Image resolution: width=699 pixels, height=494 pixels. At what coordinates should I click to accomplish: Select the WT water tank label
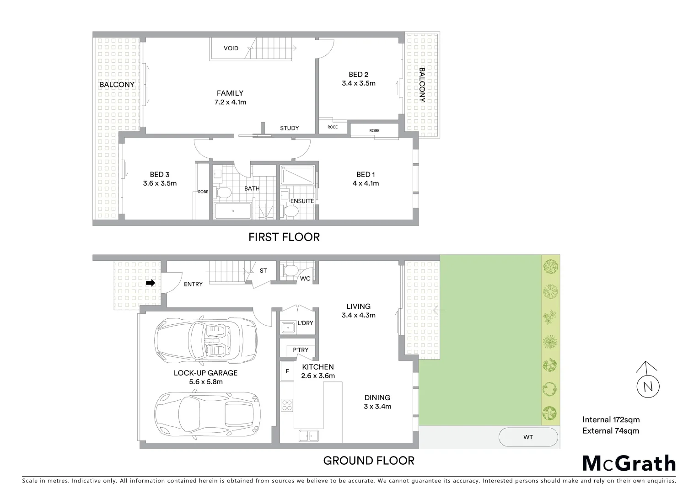[x=528, y=437]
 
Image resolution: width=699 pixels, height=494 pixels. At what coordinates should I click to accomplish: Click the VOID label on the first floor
[x=231, y=48]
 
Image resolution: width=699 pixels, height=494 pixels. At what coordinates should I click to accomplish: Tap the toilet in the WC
[x=290, y=271]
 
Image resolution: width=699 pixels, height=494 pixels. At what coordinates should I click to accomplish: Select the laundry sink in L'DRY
[x=288, y=327]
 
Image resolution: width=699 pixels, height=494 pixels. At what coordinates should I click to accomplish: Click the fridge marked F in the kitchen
[x=287, y=371]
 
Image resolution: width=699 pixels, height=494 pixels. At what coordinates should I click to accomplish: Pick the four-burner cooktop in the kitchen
[x=287, y=405]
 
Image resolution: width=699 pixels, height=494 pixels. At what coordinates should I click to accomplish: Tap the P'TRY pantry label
[x=301, y=350]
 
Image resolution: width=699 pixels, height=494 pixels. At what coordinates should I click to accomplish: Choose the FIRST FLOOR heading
[x=284, y=237]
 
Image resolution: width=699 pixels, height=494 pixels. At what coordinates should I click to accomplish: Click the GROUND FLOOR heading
[x=369, y=460]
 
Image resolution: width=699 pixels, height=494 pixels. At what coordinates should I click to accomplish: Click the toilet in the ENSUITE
[x=290, y=211]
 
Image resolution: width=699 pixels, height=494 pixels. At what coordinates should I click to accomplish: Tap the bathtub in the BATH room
[x=233, y=211]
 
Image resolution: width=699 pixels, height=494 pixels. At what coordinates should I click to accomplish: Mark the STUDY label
[x=289, y=128]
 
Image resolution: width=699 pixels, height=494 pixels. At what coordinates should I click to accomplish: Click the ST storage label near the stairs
[x=263, y=271]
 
